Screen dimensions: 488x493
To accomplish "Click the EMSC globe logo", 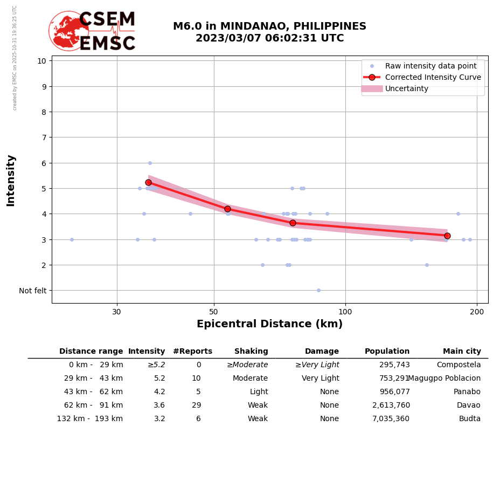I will tap(68, 31).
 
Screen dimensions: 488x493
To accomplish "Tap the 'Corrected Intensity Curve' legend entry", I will tap(433, 77).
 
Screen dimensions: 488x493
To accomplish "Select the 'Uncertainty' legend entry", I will tap(407, 88).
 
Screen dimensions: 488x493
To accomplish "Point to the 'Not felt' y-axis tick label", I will tap(32, 291).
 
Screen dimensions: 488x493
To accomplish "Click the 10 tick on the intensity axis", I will tap(41, 60).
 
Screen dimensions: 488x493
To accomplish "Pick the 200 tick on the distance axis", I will tap(477, 311).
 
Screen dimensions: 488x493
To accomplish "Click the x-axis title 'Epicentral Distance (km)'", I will tap(269, 324).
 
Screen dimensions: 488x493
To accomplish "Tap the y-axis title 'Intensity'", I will tap(11, 180).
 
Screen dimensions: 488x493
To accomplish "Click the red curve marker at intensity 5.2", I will tap(148, 182).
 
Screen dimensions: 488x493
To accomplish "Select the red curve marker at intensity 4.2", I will tap(227, 209).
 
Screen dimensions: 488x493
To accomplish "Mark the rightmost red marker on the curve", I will tap(447, 236).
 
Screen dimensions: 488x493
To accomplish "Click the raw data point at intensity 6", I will tap(150, 163).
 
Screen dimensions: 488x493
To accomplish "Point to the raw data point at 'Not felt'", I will tap(318, 290).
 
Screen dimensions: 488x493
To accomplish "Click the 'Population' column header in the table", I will tap(387, 352).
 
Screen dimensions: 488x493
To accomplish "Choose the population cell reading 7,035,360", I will tap(391, 419).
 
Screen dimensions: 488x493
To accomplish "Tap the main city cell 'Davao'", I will tap(468, 405).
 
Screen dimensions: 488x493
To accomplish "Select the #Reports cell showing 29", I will tap(196, 405).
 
